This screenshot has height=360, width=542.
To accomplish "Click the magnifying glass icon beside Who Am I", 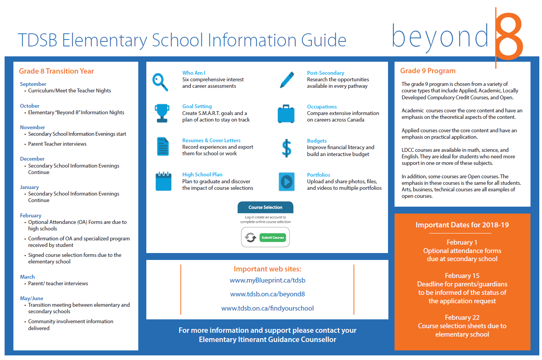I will [x=160, y=82].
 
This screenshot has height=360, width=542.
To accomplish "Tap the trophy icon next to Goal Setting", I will [x=162, y=113].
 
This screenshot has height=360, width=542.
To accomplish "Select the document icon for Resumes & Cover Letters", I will [x=163, y=146].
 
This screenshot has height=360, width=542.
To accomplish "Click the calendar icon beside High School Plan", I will [x=163, y=181].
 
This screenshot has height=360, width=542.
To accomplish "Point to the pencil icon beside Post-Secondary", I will [x=287, y=80].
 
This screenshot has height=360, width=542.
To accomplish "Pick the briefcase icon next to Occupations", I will [x=286, y=114].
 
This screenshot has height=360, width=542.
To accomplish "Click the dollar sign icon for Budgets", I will [x=287, y=148].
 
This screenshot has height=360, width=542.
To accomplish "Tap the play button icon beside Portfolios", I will [x=287, y=182].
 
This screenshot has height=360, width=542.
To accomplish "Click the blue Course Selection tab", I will [x=265, y=207].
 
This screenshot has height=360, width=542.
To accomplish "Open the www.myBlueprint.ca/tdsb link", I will [x=267, y=280].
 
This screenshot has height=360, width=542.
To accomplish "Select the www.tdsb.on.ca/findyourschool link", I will [x=267, y=308].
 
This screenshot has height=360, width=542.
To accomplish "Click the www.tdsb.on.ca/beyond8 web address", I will [x=267, y=294].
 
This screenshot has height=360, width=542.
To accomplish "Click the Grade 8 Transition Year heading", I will [x=56, y=71].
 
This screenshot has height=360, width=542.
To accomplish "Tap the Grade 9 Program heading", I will [x=427, y=71].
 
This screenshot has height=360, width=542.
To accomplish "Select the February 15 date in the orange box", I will [x=462, y=276].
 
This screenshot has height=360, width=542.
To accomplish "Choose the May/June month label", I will [x=31, y=298].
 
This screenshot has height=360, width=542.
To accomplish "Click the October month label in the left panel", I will [x=29, y=106].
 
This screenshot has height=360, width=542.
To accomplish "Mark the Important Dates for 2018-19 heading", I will [x=462, y=225].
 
